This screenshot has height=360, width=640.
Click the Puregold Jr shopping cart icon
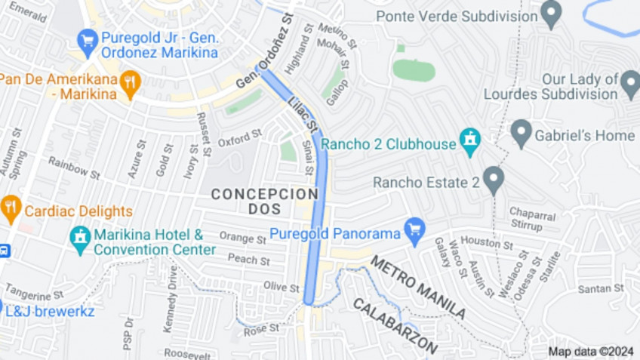(x=88, y=38)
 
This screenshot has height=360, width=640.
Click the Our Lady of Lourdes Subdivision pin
(x=630, y=82)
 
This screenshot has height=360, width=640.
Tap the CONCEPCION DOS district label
(x=260, y=201)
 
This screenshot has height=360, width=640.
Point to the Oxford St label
(x=240, y=138)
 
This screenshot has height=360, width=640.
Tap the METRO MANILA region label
(x=417, y=288)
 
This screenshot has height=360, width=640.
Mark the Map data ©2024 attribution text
(x=591, y=351)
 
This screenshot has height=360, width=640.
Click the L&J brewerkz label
(x=50, y=310)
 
